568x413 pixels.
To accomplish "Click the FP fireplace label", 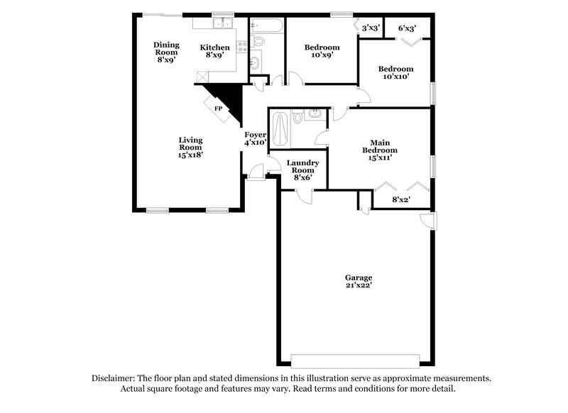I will [218, 109].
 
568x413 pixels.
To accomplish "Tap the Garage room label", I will [359, 277].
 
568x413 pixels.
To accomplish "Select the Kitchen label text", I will [214, 48].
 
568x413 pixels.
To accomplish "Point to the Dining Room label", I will [167, 48].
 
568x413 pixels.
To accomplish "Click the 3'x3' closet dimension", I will [371, 28].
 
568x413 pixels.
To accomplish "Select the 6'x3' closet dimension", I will [407, 28].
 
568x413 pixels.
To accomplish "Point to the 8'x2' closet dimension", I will [403, 200].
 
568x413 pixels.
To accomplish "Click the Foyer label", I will [255, 135].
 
